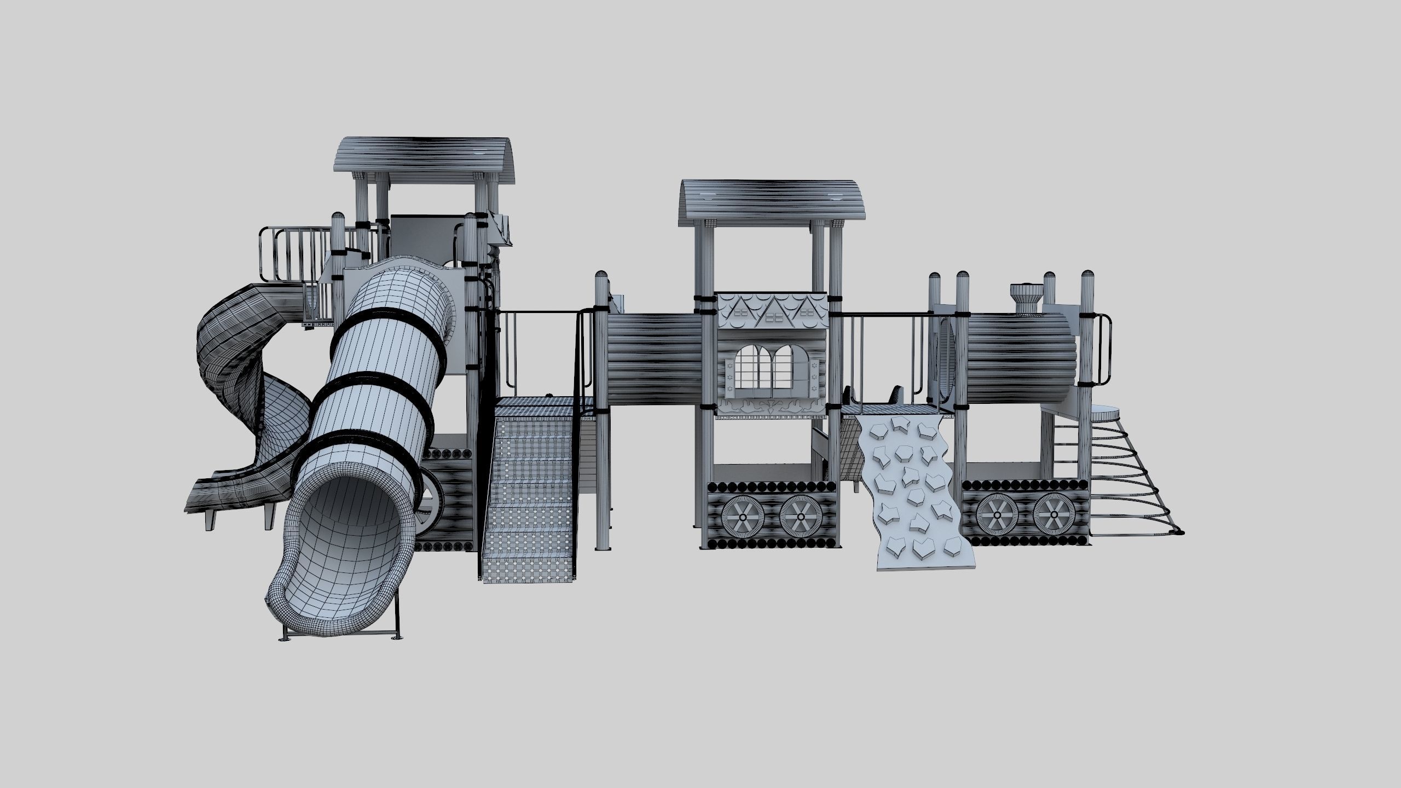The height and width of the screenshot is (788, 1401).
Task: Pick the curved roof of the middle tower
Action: [772, 200]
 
